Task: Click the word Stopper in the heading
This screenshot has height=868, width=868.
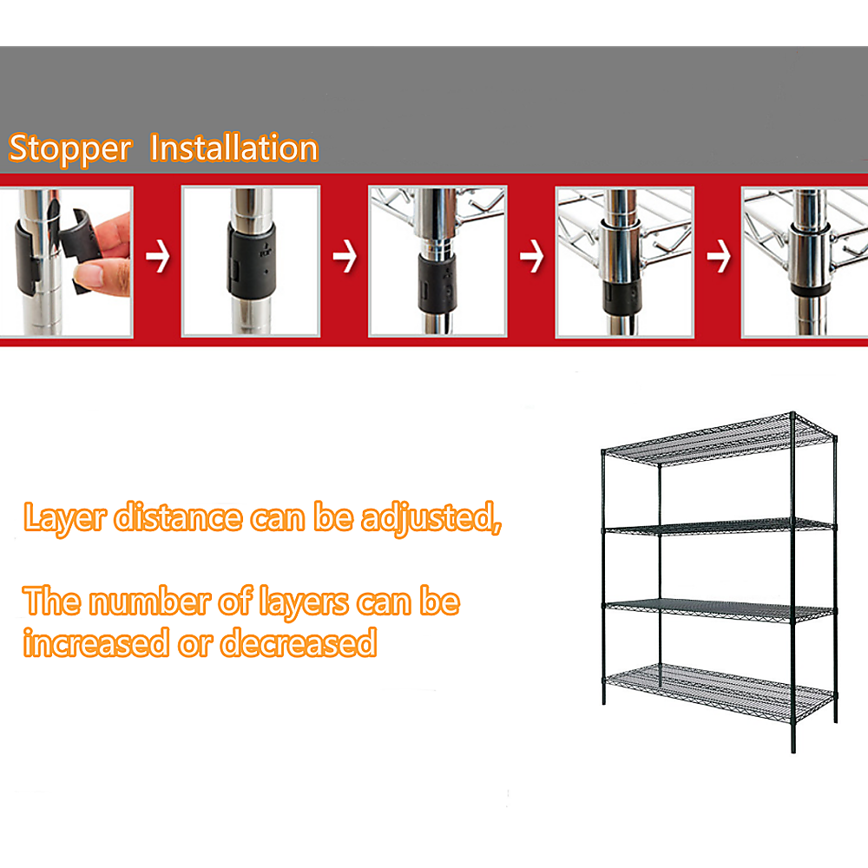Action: [69, 149]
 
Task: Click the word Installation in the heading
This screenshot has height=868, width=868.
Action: [234, 148]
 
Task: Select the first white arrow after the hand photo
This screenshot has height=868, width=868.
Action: [157, 258]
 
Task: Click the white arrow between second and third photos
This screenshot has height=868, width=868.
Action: [345, 258]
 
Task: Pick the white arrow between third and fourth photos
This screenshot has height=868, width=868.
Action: [531, 258]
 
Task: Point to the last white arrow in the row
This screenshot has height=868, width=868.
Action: [718, 258]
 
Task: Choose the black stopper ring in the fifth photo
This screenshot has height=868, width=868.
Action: [809, 289]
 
